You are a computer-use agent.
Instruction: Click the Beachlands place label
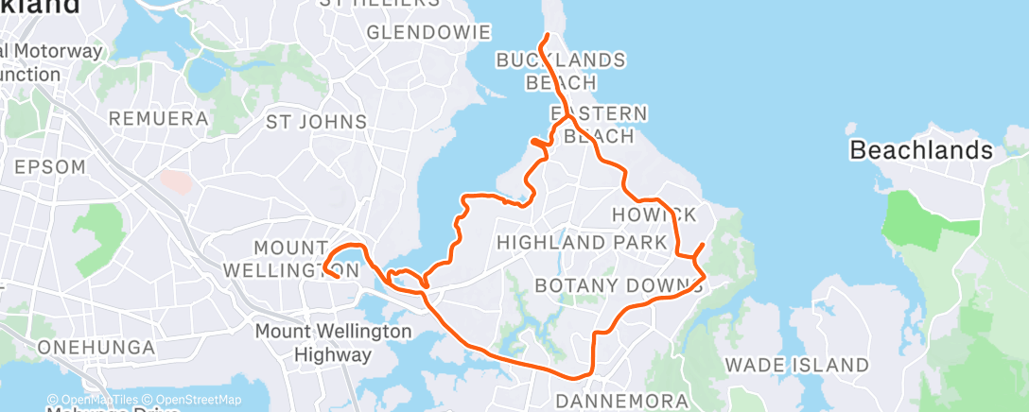click(921, 149)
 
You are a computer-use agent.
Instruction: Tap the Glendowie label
click(428, 32)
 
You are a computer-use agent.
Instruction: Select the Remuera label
click(158, 119)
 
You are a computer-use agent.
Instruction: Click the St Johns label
click(316, 121)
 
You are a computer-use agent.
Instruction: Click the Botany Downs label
click(619, 284)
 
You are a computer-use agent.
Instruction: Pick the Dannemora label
click(621, 401)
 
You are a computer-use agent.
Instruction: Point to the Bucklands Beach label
click(562, 71)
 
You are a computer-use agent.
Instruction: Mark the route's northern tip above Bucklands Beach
click(548, 35)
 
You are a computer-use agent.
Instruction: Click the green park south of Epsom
click(98, 231)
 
